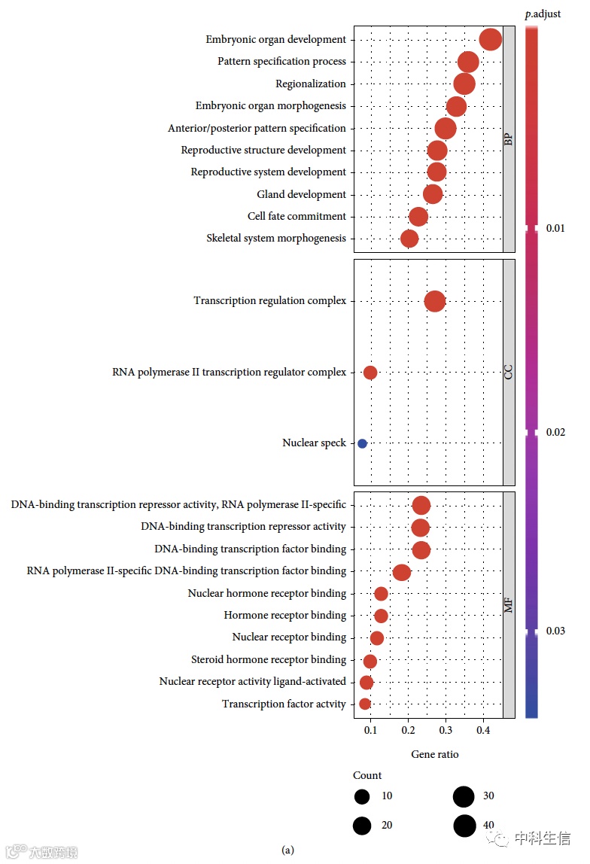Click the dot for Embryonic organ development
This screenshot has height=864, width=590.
click(x=490, y=40)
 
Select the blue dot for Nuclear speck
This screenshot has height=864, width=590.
click(x=362, y=443)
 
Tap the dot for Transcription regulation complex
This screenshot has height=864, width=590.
click(x=434, y=301)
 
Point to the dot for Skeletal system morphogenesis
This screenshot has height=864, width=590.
click(x=409, y=239)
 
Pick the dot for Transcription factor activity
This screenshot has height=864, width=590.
click(x=365, y=704)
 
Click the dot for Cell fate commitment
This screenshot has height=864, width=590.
click(x=418, y=217)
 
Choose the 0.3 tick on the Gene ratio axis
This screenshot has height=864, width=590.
click(x=446, y=729)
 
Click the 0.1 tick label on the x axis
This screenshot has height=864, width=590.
click(x=370, y=729)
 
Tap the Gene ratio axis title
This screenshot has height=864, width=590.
click(x=434, y=754)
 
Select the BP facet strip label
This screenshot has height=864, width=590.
click(x=509, y=139)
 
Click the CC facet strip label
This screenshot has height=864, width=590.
click(x=509, y=372)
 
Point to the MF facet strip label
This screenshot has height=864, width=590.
click(x=509, y=604)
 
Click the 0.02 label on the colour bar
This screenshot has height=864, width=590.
click(x=555, y=432)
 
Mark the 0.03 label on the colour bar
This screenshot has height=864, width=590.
click(x=555, y=631)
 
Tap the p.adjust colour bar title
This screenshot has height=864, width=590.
click(x=543, y=14)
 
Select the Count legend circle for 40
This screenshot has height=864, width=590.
click(x=464, y=826)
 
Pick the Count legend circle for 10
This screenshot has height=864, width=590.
click(x=363, y=796)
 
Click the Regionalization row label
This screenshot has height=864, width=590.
click(x=310, y=84)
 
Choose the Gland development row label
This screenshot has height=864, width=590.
click(x=301, y=194)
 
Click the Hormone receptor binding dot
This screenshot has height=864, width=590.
click(x=381, y=616)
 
